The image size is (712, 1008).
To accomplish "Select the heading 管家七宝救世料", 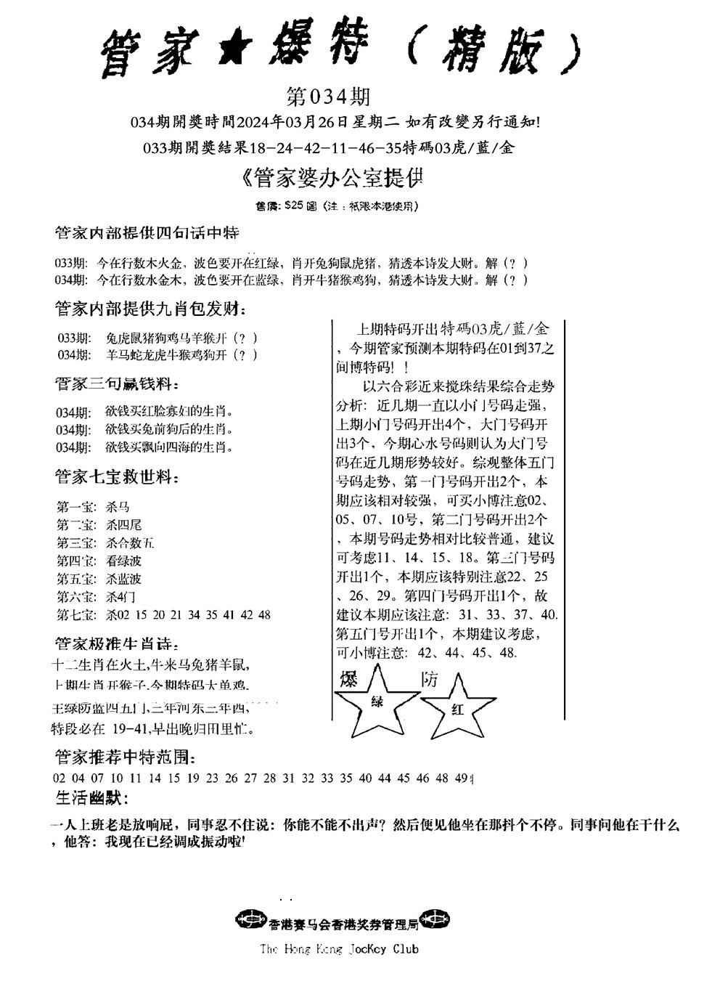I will pos(117,477).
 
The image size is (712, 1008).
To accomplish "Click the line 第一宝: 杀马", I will pos(93,507).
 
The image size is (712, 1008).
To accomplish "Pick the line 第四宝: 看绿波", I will pos(99,561).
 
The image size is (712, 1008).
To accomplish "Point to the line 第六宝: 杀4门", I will pos(95,597).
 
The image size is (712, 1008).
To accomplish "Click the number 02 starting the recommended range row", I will pos(60,778).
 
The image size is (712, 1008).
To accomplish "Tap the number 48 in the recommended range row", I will pos(442,778).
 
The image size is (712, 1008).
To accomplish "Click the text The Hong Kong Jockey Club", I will pos(338,948).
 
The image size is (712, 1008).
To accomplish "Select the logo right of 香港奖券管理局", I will pos(435,919).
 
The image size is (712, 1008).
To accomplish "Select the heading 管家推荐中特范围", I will pos(124,757).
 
